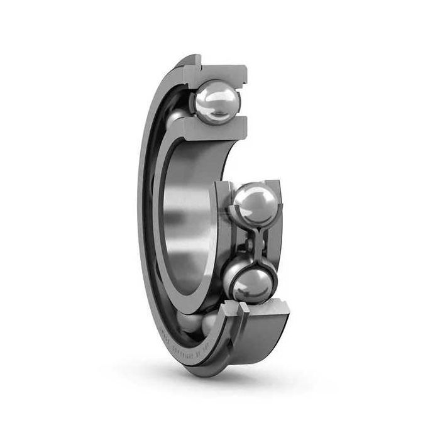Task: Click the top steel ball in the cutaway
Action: click(217, 102)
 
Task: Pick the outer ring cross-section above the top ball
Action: click(220, 70)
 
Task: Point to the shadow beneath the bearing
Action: click(264, 383)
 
